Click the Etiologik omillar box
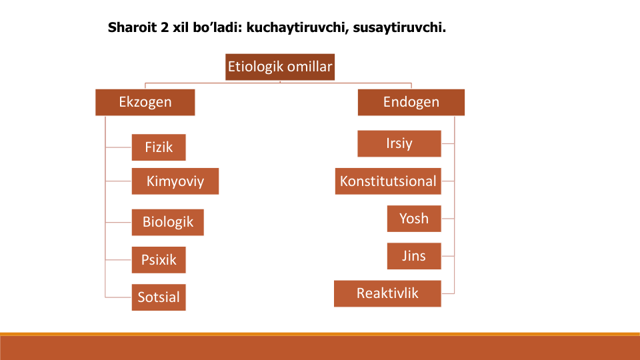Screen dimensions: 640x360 [x=280, y=67]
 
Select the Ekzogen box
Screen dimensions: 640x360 [x=145, y=102]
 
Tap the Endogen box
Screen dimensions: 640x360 [x=411, y=102]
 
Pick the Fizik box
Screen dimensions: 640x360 [x=159, y=147]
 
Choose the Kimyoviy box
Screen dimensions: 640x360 [x=175, y=181]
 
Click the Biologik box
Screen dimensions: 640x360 [x=168, y=223]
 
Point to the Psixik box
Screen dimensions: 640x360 [x=159, y=259]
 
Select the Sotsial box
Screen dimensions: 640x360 [x=159, y=297]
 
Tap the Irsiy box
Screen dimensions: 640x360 [x=399, y=144]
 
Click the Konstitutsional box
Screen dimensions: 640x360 [x=388, y=181]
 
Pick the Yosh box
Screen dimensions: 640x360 [x=414, y=219]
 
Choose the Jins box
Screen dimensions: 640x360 [x=414, y=256]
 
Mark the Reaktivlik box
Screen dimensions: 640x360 [x=387, y=293]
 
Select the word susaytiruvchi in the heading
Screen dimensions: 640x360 [x=399, y=27]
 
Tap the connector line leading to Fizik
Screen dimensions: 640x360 [x=119, y=147]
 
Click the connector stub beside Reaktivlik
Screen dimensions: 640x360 [x=448, y=293]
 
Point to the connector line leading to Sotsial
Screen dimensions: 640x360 [x=119, y=297]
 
